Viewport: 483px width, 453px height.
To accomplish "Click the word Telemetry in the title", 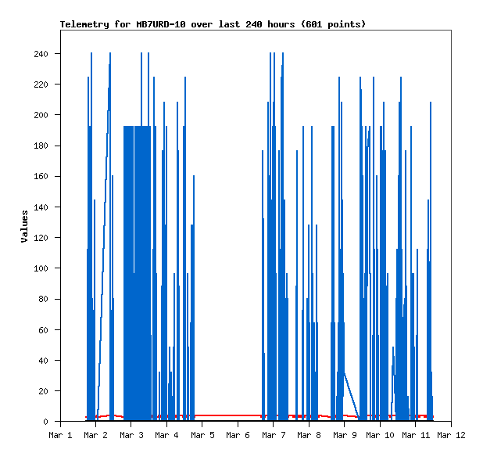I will coord(86,24).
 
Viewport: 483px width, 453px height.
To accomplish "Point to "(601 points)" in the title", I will coord(334,24).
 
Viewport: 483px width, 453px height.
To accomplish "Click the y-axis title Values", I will coord(24,226).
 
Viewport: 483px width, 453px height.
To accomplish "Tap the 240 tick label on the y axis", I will coord(41,54).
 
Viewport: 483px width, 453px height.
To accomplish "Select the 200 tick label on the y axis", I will coord(41,115).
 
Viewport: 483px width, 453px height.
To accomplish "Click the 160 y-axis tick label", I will coord(41,177).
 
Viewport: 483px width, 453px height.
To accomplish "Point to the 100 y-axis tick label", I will coord(41,268).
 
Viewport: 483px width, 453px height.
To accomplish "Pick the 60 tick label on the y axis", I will coord(43,330).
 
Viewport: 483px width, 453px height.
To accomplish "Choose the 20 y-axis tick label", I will coord(43,391).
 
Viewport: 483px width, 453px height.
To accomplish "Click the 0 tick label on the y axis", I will coord(45,422).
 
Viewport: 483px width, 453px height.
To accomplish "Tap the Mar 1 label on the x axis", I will coord(60,435).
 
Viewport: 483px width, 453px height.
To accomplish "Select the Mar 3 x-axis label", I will coord(131,435).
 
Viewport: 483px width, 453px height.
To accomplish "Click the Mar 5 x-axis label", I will coord(202,435).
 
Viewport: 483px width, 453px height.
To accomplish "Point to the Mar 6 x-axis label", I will coord(238,435).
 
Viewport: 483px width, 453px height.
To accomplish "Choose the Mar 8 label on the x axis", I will coord(309,435).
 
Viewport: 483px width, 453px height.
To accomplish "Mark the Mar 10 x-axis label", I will coord(380,435).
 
